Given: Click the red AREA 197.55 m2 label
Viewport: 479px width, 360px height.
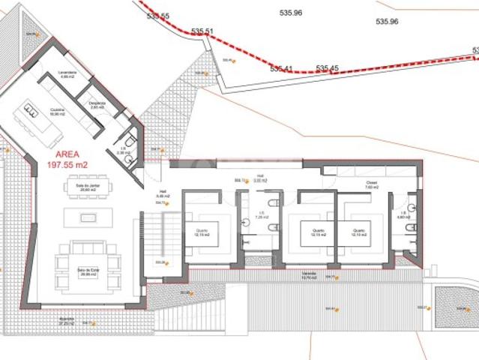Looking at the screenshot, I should [67, 160].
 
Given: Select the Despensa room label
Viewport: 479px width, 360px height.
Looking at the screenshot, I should [97, 105].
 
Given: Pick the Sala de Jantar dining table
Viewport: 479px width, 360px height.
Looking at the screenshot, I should [88, 187].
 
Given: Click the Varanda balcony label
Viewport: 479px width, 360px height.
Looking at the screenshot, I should [308, 275].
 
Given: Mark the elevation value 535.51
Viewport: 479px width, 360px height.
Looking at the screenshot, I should [202, 31].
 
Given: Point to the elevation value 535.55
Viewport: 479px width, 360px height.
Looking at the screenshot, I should [159, 16].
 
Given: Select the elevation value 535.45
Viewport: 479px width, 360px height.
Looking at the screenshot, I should [328, 68].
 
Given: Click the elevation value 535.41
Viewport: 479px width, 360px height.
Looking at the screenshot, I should [281, 68].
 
